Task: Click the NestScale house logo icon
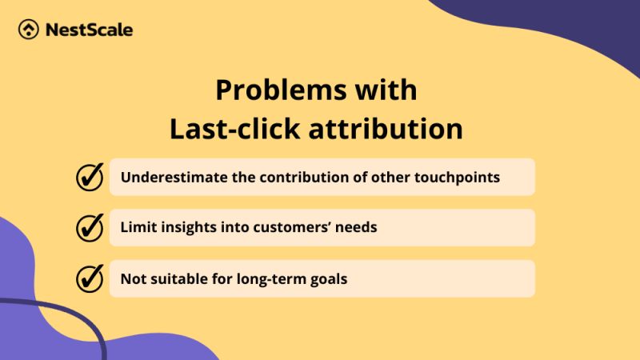(x=29, y=30)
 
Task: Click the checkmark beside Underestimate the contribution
(x=90, y=177)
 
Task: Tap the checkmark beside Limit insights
(x=90, y=227)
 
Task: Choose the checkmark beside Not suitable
(x=90, y=278)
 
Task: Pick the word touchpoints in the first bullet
(x=460, y=177)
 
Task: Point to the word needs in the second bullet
(x=358, y=228)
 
